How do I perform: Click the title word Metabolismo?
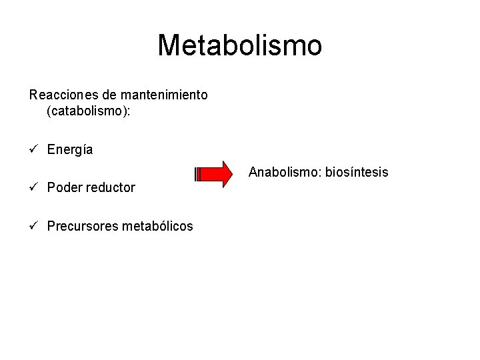tap(240, 46)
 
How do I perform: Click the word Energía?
tap(70, 150)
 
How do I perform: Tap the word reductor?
tap(110, 187)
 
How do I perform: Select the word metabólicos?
tap(157, 226)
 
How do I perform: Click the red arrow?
tap(217, 175)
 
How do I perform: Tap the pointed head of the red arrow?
tap(237, 175)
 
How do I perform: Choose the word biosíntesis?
tap(357, 173)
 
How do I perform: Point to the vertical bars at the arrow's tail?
tap(197, 175)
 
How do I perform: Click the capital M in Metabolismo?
tap(169, 46)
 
